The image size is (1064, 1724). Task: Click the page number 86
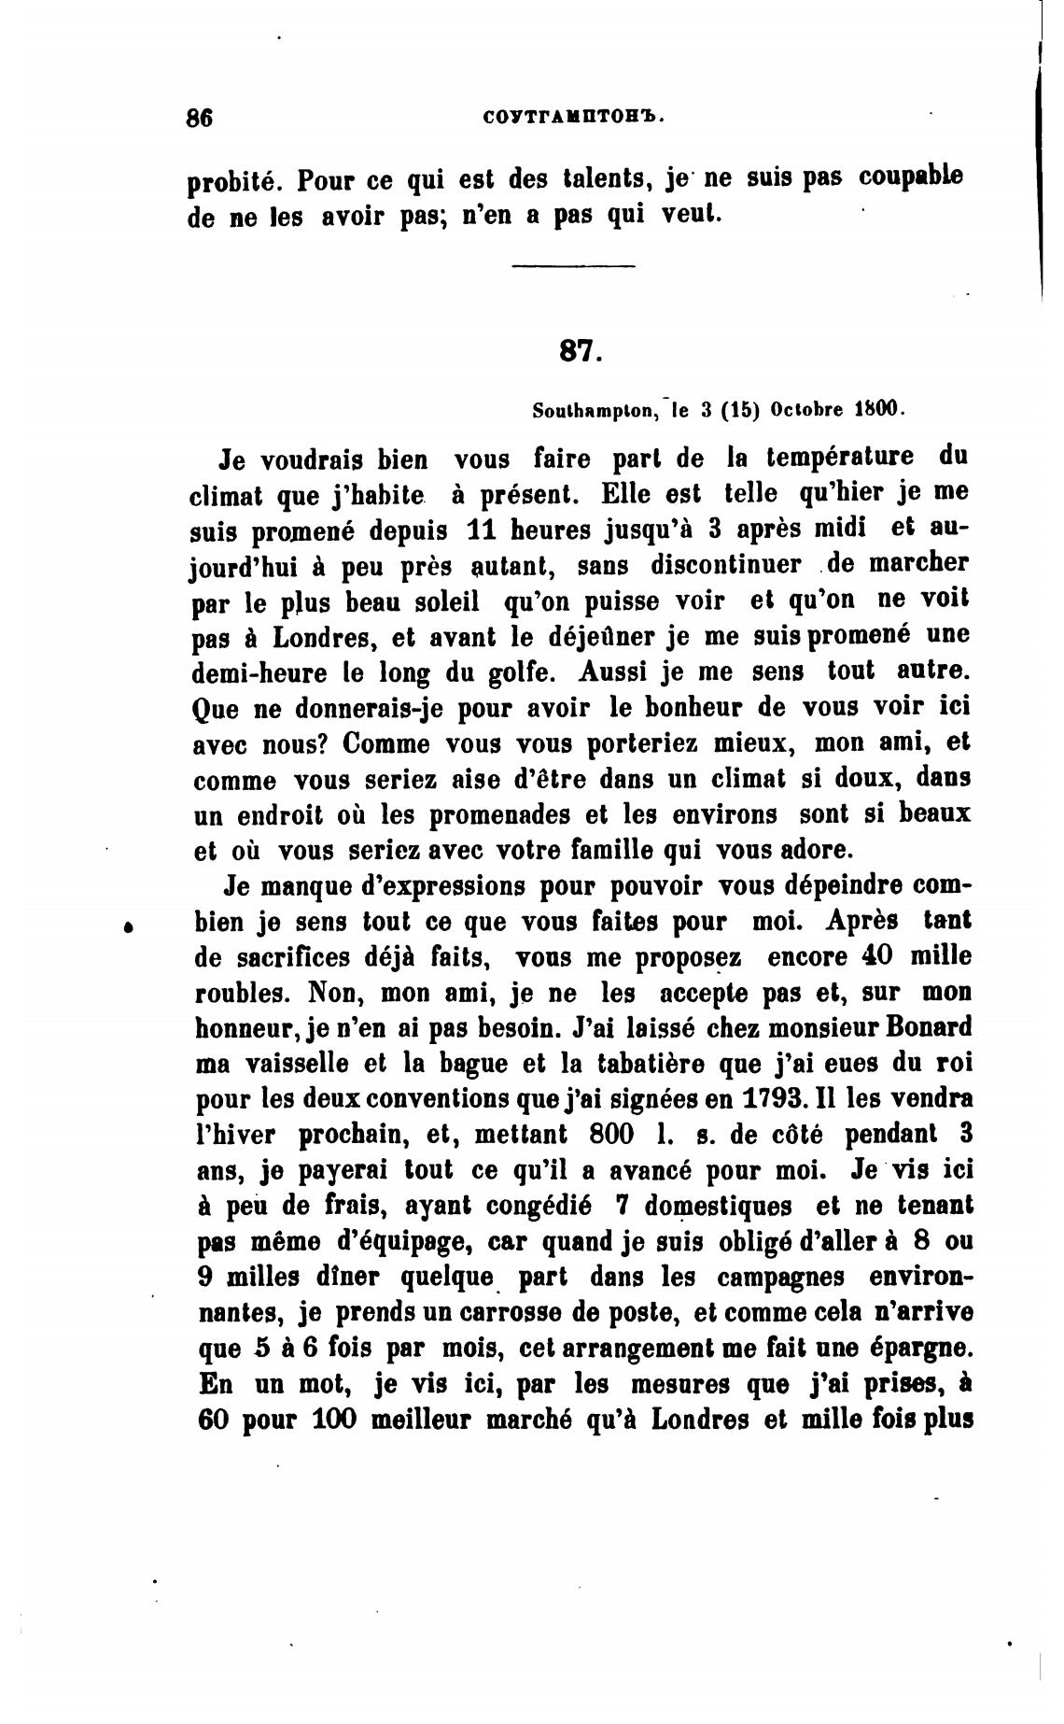pos(200,119)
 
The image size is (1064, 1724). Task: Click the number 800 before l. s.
pos(613,1134)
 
